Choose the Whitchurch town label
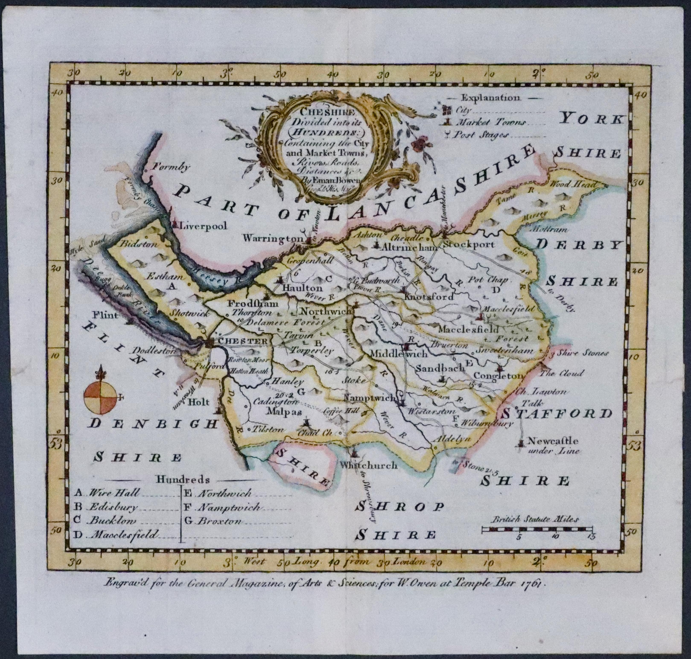(369, 465)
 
